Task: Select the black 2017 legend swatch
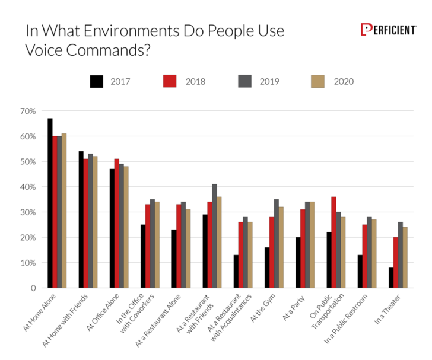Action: [97, 81]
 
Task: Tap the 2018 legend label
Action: [195, 81]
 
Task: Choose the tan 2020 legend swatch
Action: [318, 81]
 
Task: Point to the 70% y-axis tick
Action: [28, 111]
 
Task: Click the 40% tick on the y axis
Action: [28, 187]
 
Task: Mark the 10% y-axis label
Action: [28, 263]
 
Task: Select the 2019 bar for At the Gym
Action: [277, 243]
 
